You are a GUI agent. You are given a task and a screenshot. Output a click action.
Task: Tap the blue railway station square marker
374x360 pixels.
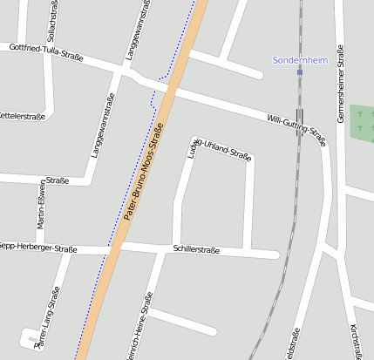click(x=300, y=72)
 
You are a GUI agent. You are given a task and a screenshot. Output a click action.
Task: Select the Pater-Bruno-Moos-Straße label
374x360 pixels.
click(x=144, y=171)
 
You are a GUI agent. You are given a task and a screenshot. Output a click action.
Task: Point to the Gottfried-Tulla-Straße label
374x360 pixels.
click(x=45, y=52)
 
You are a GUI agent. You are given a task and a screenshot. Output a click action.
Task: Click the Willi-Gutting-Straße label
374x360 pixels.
click(x=297, y=126)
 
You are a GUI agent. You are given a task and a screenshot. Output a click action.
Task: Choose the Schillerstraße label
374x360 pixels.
click(x=196, y=249)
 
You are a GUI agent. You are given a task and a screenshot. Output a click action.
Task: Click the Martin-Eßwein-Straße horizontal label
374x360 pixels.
click(x=58, y=180)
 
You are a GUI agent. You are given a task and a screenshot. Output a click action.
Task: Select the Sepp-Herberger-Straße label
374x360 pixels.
click(x=40, y=248)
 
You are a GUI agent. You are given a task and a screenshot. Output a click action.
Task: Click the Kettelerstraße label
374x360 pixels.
click(x=23, y=116)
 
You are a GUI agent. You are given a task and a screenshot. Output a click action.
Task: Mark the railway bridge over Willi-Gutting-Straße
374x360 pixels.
click(x=300, y=116)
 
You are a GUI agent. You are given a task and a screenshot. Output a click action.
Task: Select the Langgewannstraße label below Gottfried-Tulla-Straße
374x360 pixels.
click(x=102, y=126)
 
